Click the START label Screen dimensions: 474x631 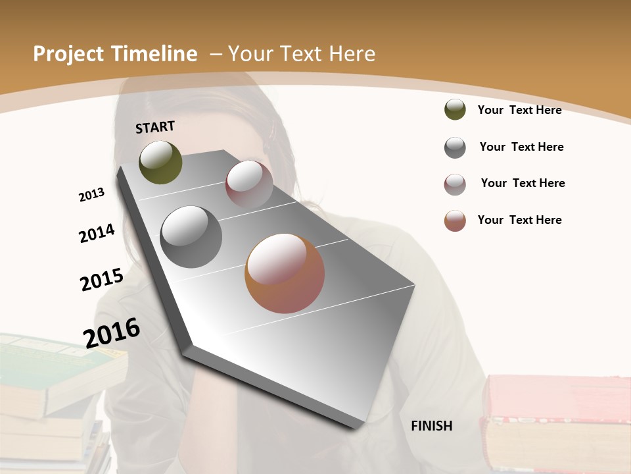155,127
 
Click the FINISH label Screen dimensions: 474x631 431,426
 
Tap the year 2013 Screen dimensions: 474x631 91,195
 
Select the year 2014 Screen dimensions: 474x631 97,233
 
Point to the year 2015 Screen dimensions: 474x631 102,279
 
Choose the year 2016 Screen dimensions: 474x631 112,332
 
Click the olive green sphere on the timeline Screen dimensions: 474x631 160,162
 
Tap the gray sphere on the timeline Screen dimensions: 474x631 191,237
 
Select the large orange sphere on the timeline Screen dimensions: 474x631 285,273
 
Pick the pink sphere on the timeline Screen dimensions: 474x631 249,184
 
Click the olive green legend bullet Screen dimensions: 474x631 455,109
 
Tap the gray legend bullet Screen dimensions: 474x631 455,147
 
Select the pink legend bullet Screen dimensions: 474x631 455,184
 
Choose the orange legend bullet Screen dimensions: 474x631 455,221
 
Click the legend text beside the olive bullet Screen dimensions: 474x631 519,110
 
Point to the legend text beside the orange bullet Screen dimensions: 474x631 519,220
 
